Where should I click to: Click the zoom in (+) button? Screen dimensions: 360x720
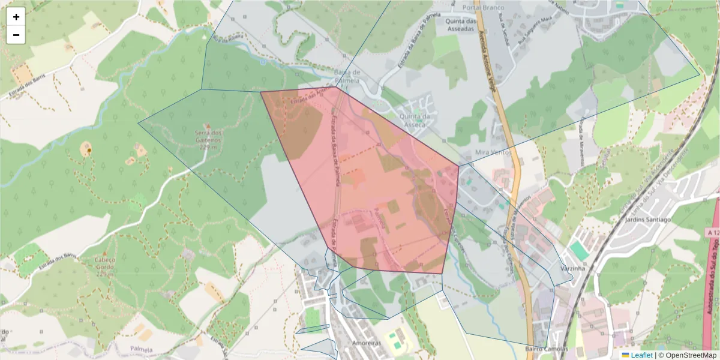coord(16,17)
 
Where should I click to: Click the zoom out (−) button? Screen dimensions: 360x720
coord(16,35)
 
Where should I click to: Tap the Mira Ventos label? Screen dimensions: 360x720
coord(491,153)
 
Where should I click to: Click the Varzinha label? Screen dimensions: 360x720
coord(572,268)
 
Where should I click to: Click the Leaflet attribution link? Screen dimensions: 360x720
coord(641,355)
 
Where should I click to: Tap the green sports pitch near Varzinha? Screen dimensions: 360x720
coord(579,250)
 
